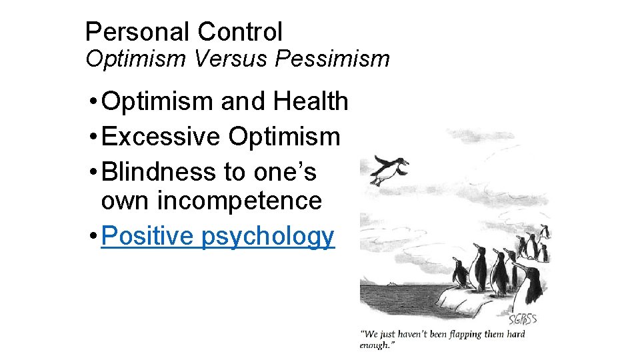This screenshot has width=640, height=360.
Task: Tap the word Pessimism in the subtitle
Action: coord(331,59)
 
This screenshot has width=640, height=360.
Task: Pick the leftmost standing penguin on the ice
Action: coord(459,273)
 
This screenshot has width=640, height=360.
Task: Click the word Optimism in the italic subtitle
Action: coord(136,59)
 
